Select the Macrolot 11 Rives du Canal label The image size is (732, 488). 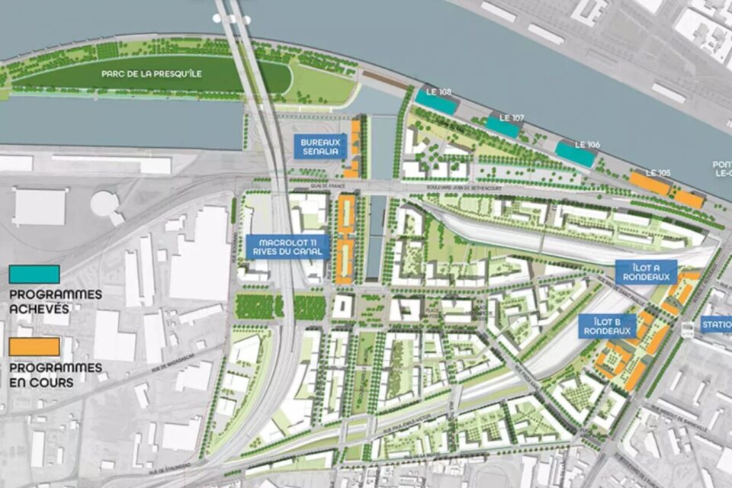pyautogui.click(x=287, y=247)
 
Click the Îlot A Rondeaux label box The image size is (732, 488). pyautogui.click(x=647, y=272)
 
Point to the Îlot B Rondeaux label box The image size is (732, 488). pyautogui.click(x=607, y=326)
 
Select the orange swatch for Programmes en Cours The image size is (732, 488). pyautogui.click(x=34, y=347)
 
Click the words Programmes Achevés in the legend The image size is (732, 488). pyautogui.click(x=55, y=302)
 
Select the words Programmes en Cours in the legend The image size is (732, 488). pyautogui.click(x=55, y=374)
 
